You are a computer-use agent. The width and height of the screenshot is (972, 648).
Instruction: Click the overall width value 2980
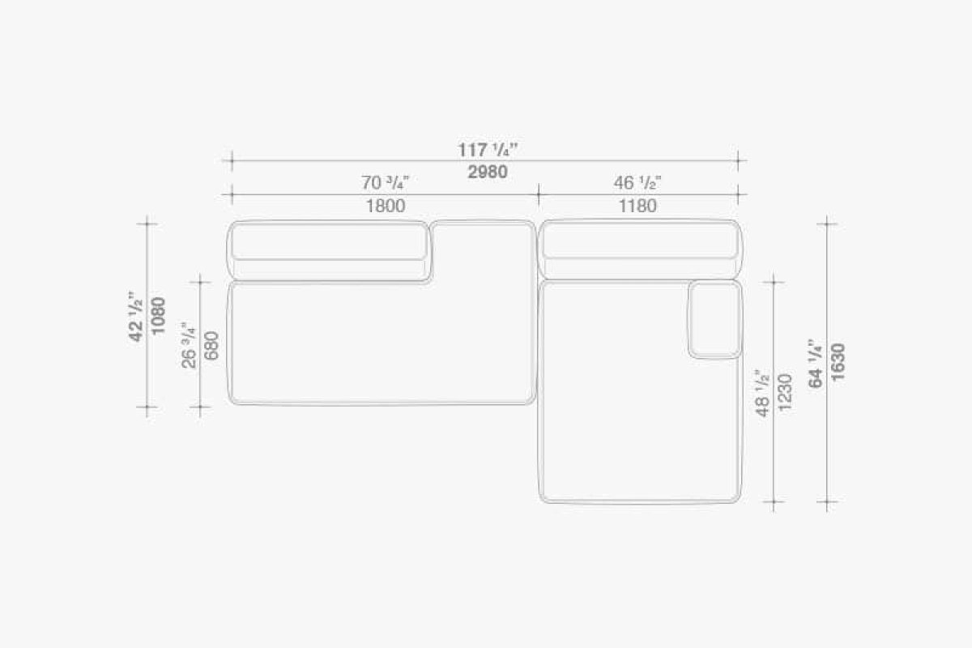pyautogui.click(x=488, y=173)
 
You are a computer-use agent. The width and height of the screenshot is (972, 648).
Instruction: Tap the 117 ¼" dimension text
pyautogui.click(x=488, y=150)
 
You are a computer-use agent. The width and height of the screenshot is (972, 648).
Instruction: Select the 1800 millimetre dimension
pyautogui.click(x=386, y=206)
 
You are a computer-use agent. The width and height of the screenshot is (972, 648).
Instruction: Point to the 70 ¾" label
pyautogui.click(x=386, y=183)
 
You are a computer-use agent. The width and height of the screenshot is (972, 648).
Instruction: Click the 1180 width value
pyautogui.click(x=637, y=206)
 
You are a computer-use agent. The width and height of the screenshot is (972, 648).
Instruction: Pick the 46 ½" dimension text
pyautogui.click(x=637, y=183)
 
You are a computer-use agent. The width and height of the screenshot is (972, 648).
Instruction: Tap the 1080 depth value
pyautogui.click(x=159, y=316)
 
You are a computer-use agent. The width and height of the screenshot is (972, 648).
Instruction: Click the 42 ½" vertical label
pyautogui.click(x=136, y=316)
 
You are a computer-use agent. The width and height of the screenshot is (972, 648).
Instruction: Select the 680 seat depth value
pyautogui.click(x=211, y=346)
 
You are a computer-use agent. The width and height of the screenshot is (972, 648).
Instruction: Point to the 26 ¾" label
pyautogui.click(x=190, y=345)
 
